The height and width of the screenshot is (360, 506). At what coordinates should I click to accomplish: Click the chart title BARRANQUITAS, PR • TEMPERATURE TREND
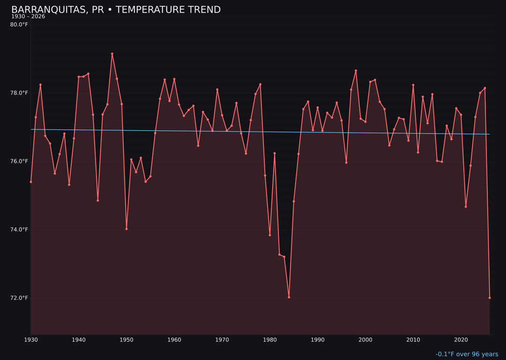(x=116, y=10)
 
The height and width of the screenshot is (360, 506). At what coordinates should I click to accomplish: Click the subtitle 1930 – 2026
(x=28, y=17)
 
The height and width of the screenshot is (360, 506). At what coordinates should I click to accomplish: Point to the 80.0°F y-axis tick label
(x=19, y=24)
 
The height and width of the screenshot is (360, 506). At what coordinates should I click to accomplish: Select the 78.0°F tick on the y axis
(x=19, y=93)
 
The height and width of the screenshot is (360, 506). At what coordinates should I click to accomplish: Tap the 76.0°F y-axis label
(x=19, y=161)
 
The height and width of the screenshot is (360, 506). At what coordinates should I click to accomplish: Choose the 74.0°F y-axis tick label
(x=19, y=230)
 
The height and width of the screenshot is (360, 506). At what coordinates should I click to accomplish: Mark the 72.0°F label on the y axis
(x=19, y=298)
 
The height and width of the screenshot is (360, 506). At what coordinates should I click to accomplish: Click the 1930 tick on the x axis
(x=31, y=340)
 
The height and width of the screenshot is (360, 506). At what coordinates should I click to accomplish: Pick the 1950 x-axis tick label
(x=126, y=340)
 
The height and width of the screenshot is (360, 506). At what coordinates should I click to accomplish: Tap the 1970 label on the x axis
(x=222, y=340)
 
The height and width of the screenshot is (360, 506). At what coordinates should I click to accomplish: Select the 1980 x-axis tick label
(x=270, y=340)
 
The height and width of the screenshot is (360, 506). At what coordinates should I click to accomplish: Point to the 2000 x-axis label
(x=365, y=340)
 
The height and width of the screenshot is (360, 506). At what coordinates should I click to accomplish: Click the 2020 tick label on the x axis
(x=461, y=340)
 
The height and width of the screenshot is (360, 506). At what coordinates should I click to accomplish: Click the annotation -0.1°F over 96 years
(x=467, y=354)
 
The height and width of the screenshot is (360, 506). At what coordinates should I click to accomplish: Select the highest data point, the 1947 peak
(x=112, y=54)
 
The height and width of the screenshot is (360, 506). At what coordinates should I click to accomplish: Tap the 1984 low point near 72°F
(x=289, y=297)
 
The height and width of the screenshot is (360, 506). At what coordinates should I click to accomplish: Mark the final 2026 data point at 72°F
(x=490, y=298)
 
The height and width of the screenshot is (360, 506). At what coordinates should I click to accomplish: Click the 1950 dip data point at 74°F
(x=126, y=229)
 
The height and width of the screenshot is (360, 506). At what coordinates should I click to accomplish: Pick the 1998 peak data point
(x=356, y=71)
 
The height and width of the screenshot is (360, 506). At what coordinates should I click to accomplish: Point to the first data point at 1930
(x=31, y=182)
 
